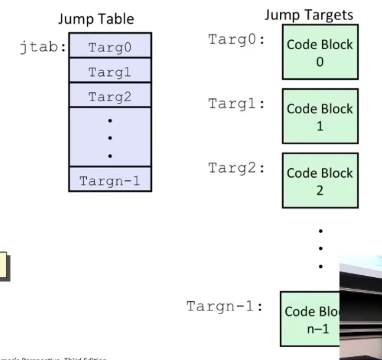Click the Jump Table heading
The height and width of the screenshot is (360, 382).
click(x=96, y=19)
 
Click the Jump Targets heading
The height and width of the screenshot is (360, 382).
click(x=309, y=15)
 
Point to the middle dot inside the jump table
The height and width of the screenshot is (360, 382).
click(x=110, y=138)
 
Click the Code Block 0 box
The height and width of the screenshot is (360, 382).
click(x=320, y=52)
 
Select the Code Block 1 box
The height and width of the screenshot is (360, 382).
click(x=320, y=116)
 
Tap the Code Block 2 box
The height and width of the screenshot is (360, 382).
click(x=320, y=181)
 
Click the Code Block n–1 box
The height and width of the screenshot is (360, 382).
click(x=310, y=319)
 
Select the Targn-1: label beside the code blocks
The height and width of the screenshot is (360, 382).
click(x=225, y=306)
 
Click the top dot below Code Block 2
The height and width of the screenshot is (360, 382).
click(x=321, y=230)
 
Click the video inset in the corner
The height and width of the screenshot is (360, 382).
click(x=360, y=307)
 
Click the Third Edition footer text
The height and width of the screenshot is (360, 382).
click(x=53, y=358)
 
